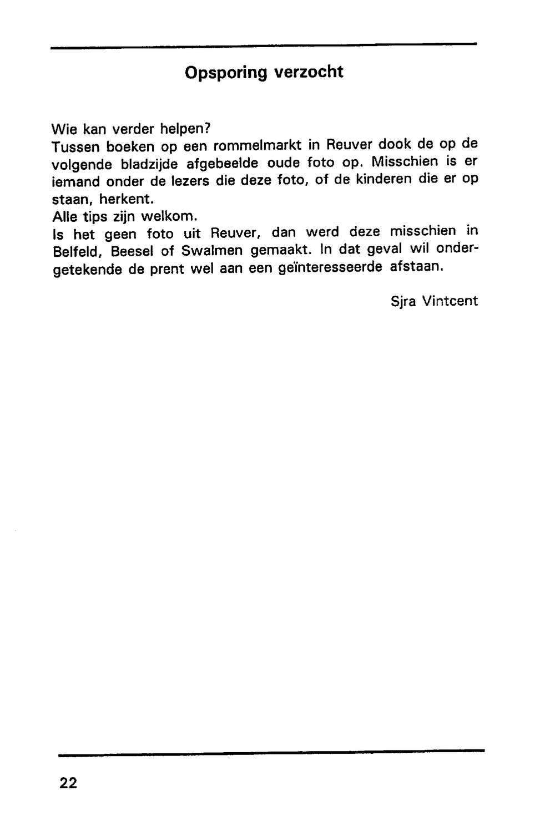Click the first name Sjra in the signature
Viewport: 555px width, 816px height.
point(403,302)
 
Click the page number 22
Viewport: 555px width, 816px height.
point(68,783)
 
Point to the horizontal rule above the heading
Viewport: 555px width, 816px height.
point(264,46)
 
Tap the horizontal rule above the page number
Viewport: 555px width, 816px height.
point(271,752)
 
